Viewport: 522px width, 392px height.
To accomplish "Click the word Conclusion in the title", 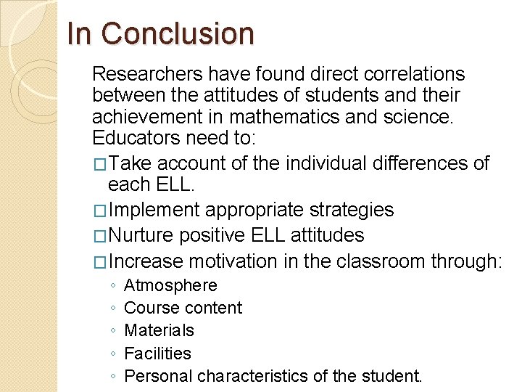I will click(178, 34).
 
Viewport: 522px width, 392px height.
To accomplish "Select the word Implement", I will click(154, 211).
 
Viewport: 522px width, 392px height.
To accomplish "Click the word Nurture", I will click(141, 236).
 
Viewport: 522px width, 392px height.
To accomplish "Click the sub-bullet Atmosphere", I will click(170, 285).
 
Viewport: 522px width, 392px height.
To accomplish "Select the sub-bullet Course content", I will click(183, 308).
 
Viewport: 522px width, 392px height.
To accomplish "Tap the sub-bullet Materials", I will click(159, 330).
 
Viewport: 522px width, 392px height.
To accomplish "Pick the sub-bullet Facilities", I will click(158, 354).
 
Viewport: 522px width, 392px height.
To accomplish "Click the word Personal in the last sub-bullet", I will click(158, 376).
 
